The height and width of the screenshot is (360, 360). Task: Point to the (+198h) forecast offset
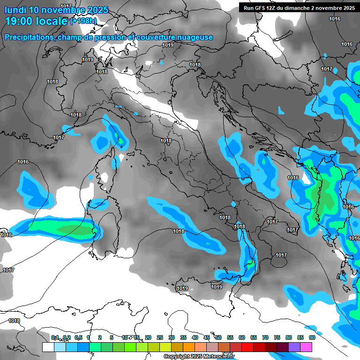click(x=83, y=21)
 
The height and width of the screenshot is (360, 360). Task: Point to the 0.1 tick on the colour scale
click(x=55, y=338)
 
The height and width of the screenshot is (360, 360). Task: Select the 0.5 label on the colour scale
click(x=78, y=338)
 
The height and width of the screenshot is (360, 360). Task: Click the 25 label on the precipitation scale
click(x=160, y=338)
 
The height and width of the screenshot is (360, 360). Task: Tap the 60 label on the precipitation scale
click(x=242, y=338)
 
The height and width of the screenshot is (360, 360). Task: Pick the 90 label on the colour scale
click(x=312, y=338)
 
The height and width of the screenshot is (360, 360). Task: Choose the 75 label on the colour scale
click(x=277, y=338)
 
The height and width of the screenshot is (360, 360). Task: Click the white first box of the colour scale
click(x=48, y=347)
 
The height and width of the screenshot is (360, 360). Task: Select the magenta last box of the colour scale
click(x=306, y=347)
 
